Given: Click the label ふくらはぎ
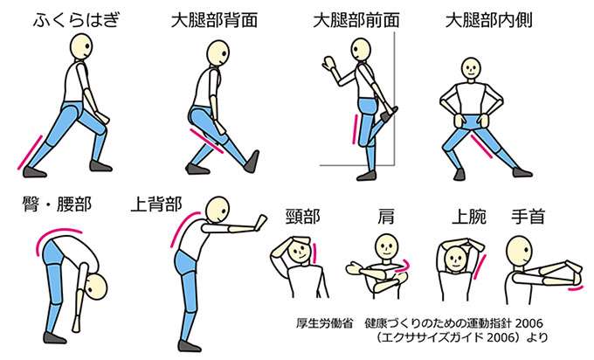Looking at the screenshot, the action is (x=77, y=20).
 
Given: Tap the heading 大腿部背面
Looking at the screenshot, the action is (x=215, y=20).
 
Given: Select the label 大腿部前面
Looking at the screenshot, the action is (x=356, y=20).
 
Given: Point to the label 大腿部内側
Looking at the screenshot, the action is (x=489, y=20).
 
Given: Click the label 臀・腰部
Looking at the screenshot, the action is (x=57, y=204).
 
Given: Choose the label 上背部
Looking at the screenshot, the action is (x=156, y=204).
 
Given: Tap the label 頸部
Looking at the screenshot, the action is (x=303, y=217).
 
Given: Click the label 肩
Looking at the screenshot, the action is (x=386, y=217).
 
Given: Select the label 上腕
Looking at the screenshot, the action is (x=469, y=217).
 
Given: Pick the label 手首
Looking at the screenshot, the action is (x=528, y=217).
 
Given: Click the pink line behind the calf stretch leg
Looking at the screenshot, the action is (x=30, y=152).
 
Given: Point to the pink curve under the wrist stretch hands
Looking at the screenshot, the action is (x=575, y=288).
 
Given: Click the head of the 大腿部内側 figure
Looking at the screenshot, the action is (x=471, y=68).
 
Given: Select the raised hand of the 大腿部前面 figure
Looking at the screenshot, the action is (x=328, y=63).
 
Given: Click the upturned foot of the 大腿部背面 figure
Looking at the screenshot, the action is (x=252, y=162).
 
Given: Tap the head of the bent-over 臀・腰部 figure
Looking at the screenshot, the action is (x=96, y=287).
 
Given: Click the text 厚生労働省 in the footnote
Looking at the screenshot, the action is (x=324, y=323).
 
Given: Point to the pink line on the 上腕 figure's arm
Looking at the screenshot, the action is (x=480, y=267).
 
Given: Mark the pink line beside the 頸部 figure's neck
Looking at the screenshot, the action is (x=314, y=253).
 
